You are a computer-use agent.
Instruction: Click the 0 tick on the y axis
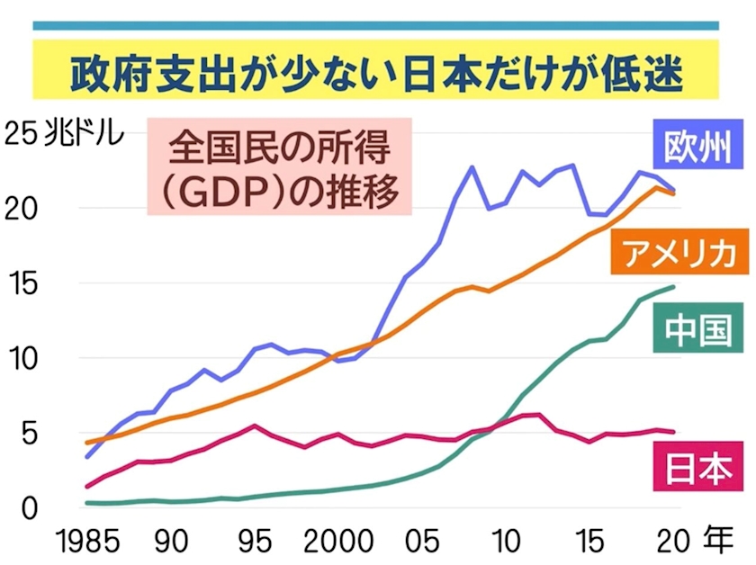coord(31,508)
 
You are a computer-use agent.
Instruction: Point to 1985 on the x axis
coord(88,543)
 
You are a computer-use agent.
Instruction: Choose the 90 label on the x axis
coord(171,543)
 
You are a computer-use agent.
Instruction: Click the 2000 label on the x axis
coord(340,543)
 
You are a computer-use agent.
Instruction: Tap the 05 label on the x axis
coord(424,543)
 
